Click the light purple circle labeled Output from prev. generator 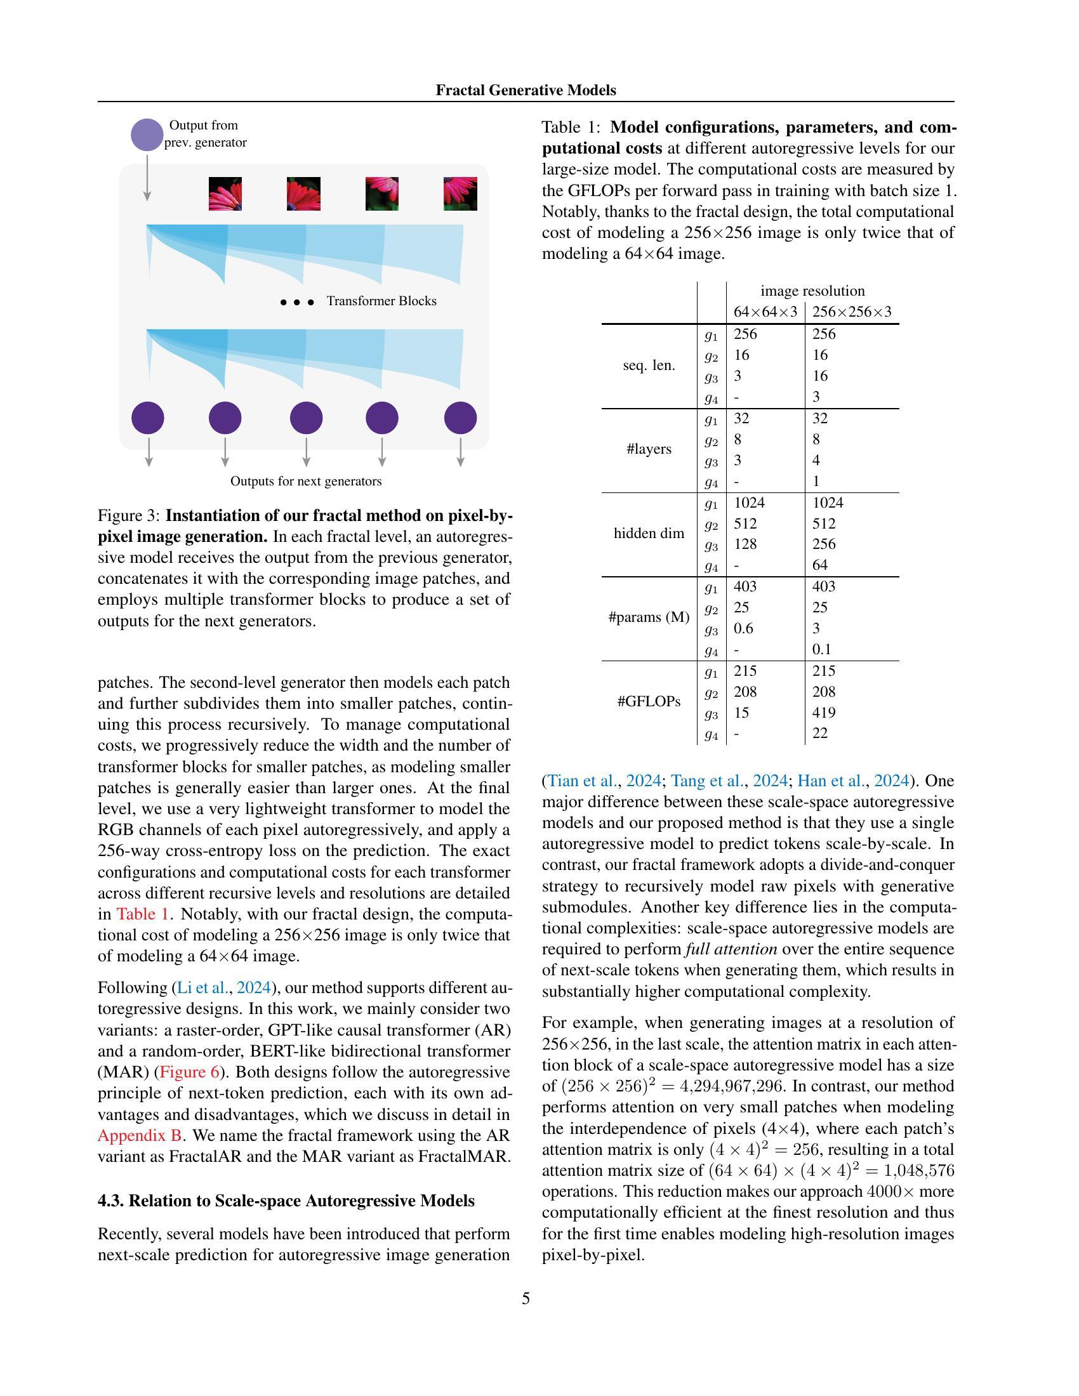click(x=147, y=135)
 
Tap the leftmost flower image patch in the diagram click(x=225, y=194)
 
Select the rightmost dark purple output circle click(x=460, y=418)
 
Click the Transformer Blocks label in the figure click(x=381, y=301)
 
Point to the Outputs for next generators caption click(x=305, y=482)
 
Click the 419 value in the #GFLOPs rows click(x=823, y=713)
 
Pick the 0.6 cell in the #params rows click(x=743, y=628)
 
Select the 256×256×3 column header click(x=851, y=312)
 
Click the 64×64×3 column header click(x=765, y=312)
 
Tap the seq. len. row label click(x=649, y=365)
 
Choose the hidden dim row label click(x=649, y=534)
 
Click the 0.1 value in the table click(x=821, y=649)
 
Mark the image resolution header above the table click(x=812, y=291)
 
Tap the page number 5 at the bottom click(x=526, y=1299)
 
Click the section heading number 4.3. click(x=110, y=1201)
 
